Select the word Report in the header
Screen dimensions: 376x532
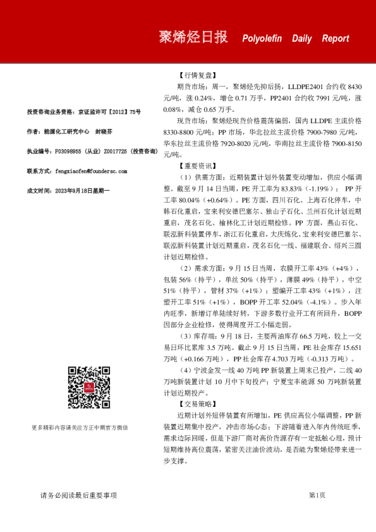tap(335, 39)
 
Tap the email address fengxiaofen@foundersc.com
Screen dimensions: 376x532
tap(91, 171)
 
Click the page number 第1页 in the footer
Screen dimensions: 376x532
tap(317, 495)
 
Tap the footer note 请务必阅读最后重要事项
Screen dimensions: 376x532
tap(78, 495)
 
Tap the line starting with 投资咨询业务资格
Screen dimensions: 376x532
tap(83, 112)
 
